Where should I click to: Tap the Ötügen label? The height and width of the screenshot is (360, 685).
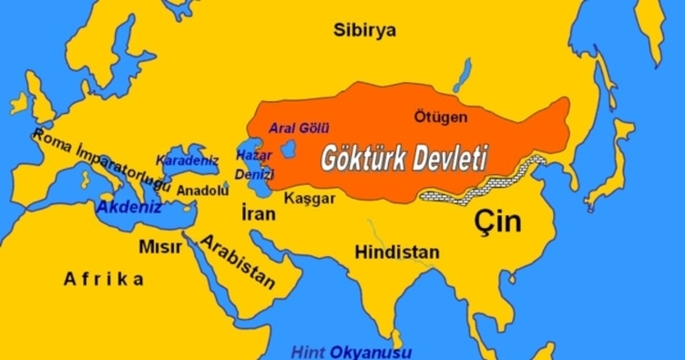(440, 118)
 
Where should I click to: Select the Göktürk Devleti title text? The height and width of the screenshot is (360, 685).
(404, 159)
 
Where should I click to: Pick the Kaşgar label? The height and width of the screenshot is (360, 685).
(310, 198)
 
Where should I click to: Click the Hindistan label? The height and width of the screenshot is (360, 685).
(397, 252)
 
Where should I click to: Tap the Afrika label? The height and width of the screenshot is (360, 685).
(103, 280)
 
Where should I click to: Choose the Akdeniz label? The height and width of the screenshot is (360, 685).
(129, 208)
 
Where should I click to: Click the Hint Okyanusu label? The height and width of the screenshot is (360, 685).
(351, 352)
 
